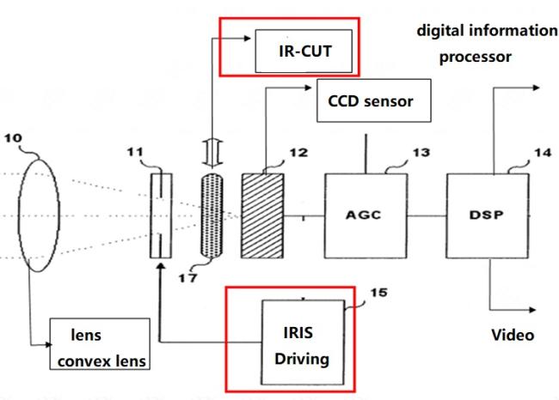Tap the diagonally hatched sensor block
pos(261,210)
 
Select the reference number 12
pos(297,155)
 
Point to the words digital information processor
pos(487,45)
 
